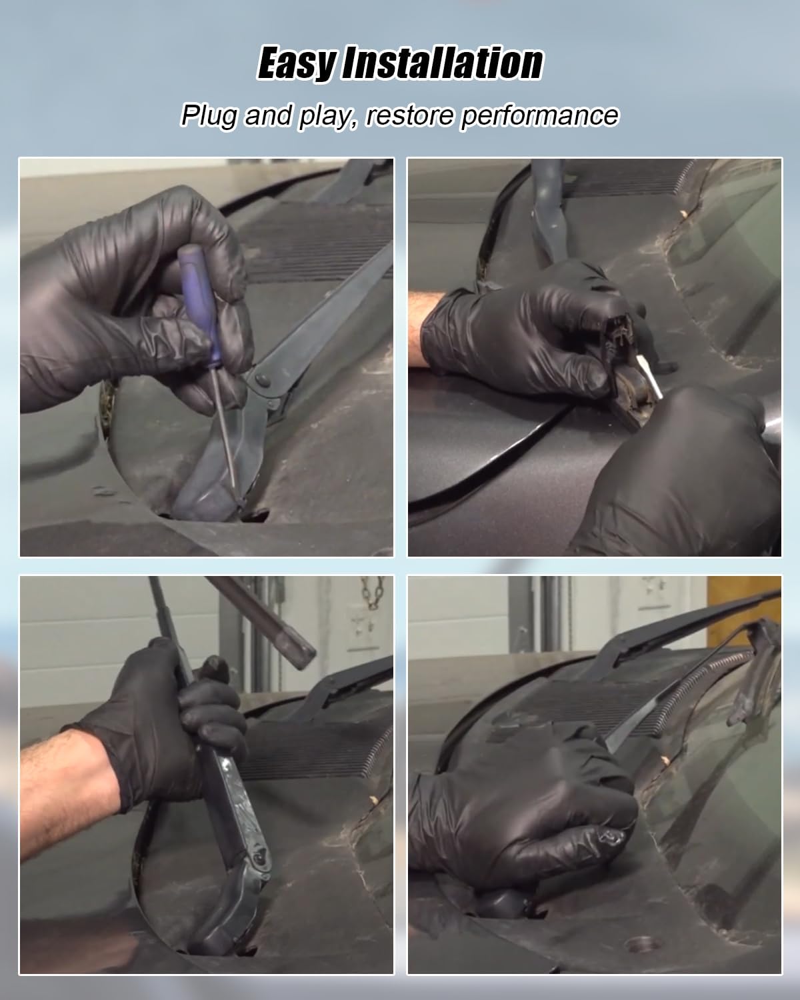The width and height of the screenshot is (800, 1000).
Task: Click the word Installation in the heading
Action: coord(443,63)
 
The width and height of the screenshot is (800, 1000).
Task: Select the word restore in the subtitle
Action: coord(409,116)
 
